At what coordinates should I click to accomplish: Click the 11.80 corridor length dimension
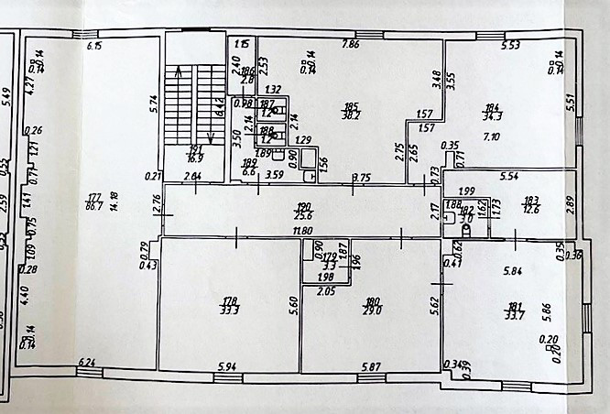coord(291,231)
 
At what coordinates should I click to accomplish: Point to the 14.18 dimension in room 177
coord(114,201)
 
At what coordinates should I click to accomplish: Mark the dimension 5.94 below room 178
coord(226,367)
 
